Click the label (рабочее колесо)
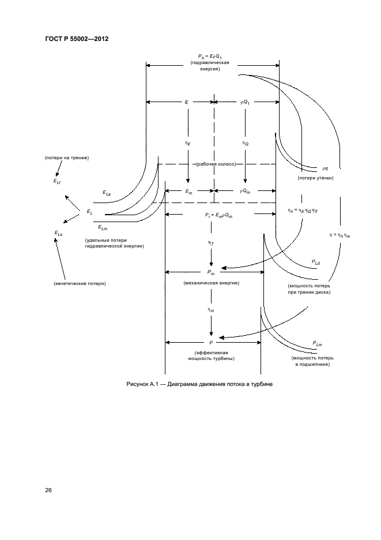coord(216,164)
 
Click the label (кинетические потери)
coord(80,283)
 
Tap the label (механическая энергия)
coord(211,283)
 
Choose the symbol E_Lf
coord(58,181)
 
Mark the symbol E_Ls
coord(107,193)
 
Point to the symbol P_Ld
coord(316,262)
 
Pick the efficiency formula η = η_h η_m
coord(339,235)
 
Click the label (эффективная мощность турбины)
coord(211,355)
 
